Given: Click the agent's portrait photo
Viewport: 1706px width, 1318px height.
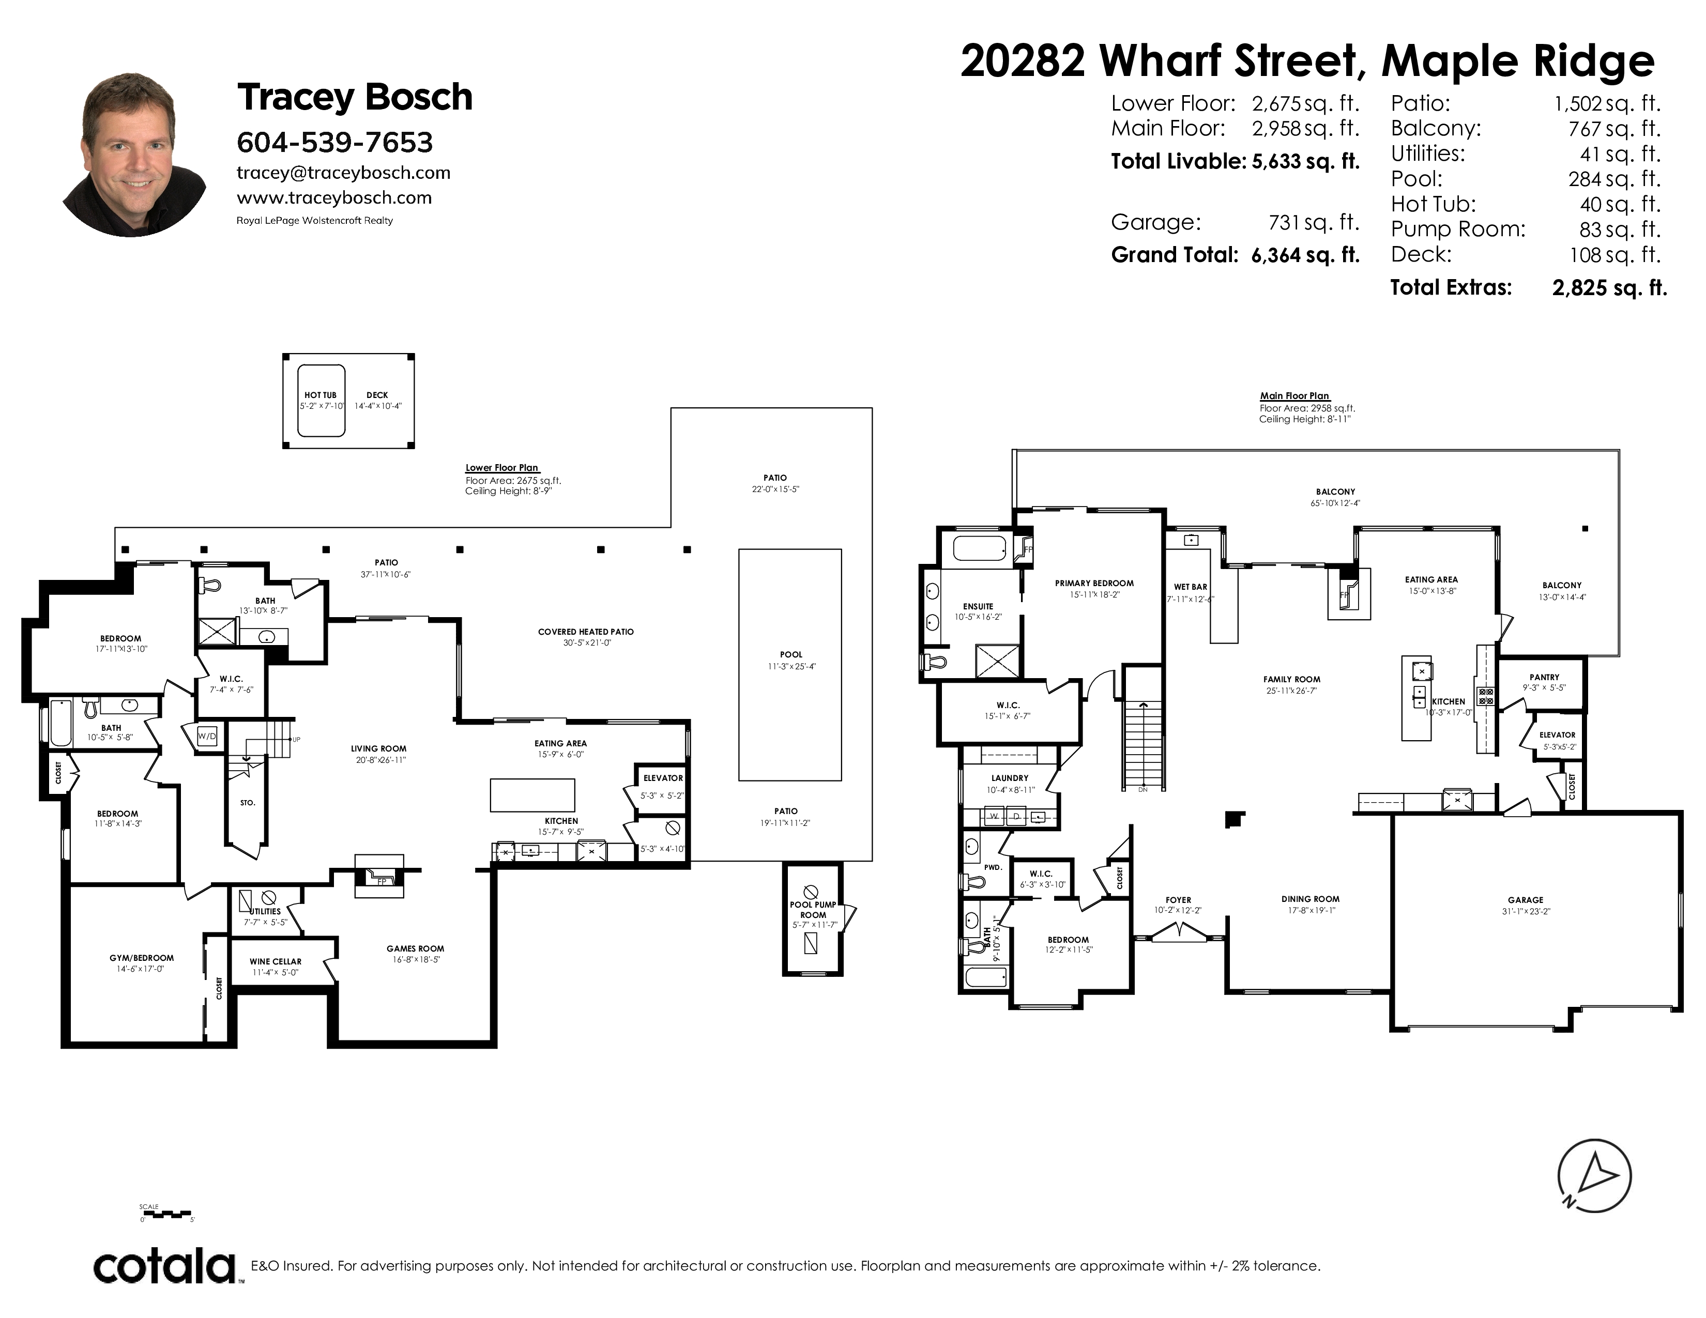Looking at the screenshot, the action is tap(134, 155).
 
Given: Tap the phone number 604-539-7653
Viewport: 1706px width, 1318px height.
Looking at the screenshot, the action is tap(334, 142).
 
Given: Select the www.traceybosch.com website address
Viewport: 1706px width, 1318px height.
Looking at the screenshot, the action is tap(334, 197).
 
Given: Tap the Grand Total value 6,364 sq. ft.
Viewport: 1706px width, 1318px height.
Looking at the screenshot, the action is tap(1305, 255).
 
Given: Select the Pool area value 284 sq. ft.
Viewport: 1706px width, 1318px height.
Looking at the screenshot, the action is tap(1614, 179).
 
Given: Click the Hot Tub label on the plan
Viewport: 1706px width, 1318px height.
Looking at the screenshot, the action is tap(321, 395).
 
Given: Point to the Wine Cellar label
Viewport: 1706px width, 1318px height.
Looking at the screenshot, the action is tap(275, 962).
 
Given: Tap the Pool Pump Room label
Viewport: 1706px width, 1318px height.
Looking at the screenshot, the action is tap(813, 910).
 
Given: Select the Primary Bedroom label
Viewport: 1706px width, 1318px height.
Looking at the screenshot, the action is tap(1093, 583).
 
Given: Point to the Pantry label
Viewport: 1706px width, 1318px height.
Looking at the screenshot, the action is tap(1544, 677).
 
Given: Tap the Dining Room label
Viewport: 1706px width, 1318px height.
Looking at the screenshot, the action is tap(1310, 899).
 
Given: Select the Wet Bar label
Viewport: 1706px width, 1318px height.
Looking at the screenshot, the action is tap(1191, 587).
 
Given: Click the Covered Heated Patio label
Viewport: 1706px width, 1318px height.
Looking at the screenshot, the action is tap(586, 632).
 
